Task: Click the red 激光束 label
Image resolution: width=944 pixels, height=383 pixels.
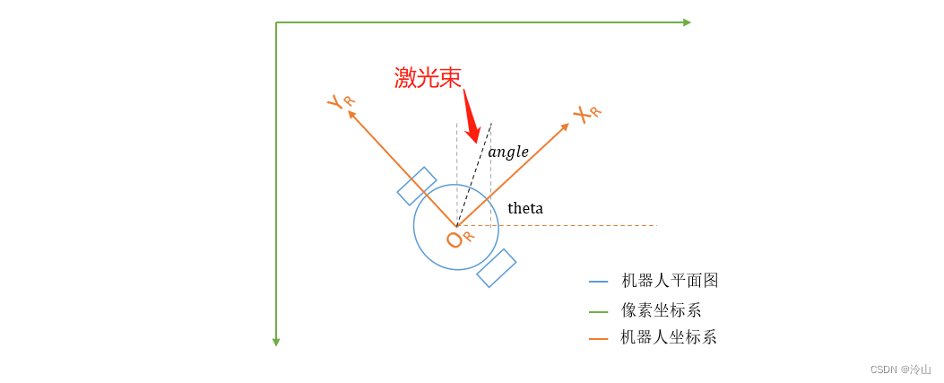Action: pos(428,78)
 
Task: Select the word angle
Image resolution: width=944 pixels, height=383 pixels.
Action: pos(508,152)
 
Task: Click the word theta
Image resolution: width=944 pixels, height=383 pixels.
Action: pos(525,209)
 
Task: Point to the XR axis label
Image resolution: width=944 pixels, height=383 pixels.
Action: pos(586,114)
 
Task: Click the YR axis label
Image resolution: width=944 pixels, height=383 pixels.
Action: pos(341,101)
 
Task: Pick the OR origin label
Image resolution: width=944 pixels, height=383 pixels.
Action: pos(459,239)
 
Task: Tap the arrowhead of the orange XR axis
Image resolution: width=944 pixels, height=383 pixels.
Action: pos(565,127)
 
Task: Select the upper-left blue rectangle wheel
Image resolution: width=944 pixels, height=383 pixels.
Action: pos(417,186)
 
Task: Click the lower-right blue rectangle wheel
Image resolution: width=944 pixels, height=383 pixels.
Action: pos(497,268)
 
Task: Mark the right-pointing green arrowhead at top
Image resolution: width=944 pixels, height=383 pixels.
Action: pos(687,22)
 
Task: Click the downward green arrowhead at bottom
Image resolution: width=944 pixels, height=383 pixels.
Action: pos(276,342)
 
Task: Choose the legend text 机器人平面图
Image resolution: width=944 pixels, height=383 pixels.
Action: pos(670,281)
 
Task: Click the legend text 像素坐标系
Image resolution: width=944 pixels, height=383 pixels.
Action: pos(662,310)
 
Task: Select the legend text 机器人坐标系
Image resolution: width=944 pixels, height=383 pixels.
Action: pos(669,337)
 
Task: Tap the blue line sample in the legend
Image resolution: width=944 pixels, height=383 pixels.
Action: pos(598,282)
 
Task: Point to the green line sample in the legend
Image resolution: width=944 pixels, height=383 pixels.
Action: pos(598,311)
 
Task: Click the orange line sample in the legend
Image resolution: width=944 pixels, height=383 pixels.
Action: pos(598,338)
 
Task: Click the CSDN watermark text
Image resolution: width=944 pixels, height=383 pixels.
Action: pos(900,370)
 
